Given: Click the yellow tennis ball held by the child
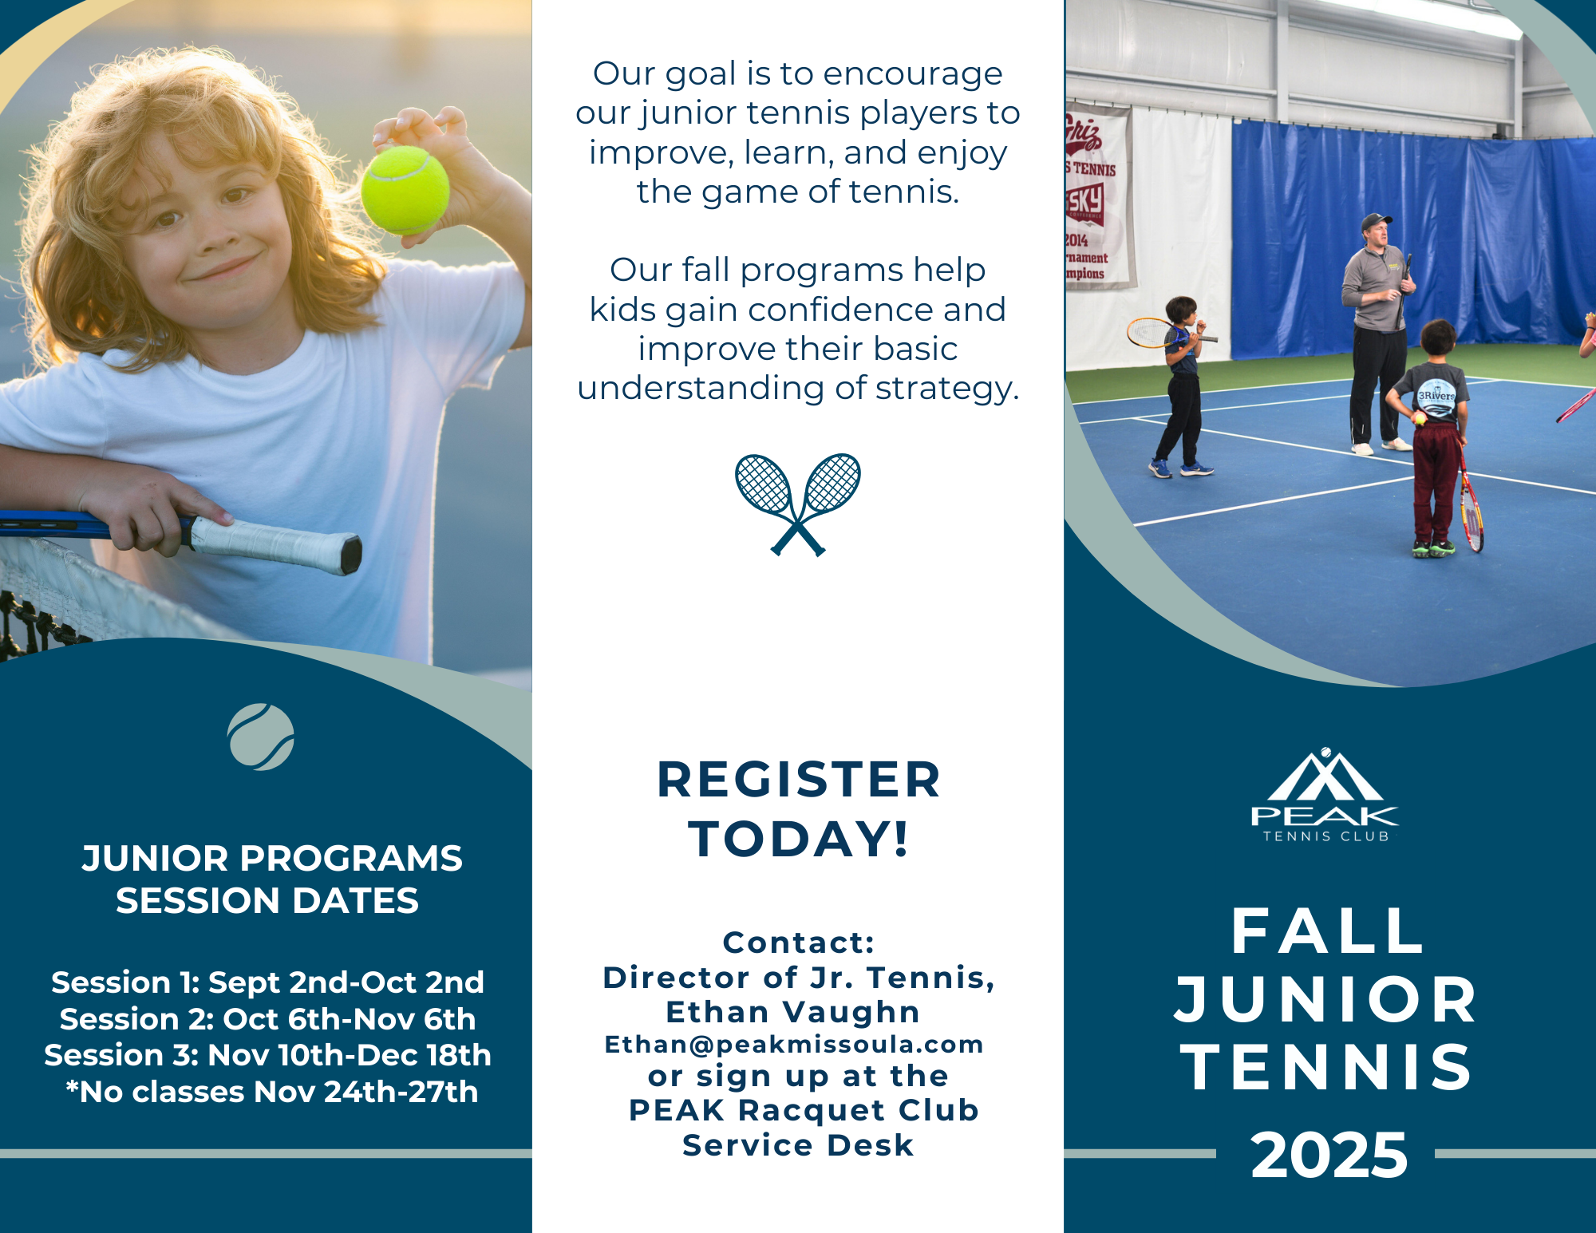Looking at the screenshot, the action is point(405,190).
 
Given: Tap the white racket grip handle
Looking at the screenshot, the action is point(276,545).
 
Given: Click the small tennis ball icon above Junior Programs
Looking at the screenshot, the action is point(261,737).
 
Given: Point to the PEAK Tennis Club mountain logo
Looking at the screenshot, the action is point(1325,795).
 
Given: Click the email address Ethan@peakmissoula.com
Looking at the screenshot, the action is point(794,1044).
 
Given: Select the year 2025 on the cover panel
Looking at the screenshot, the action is point(1329,1155).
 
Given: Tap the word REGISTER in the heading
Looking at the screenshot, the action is point(798,779).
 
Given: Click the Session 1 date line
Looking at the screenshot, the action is point(267,982).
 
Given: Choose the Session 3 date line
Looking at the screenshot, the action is point(267,1055).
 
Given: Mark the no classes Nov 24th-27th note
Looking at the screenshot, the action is point(271,1092).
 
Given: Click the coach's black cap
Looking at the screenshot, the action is point(1376,220).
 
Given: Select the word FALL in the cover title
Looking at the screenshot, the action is point(1329,931).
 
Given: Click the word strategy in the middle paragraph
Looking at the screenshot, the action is point(947,389).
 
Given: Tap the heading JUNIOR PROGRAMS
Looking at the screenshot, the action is point(272,859).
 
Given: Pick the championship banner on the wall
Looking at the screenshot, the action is point(1098,196).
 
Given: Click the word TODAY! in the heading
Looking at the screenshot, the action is point(799,839).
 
